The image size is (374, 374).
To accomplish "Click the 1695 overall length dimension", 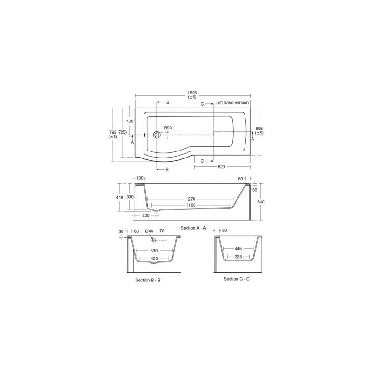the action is (192, 93).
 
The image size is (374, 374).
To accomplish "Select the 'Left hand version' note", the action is (232, 102).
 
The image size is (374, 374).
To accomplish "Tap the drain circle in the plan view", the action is (157, 135).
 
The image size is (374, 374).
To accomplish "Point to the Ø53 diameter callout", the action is (168, 128).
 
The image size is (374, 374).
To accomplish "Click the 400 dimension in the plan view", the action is (130, 121).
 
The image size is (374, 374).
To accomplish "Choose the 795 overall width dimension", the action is (113, 132).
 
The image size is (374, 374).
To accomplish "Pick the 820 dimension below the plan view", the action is (221, 167).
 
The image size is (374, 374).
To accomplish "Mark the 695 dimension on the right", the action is (259, 128).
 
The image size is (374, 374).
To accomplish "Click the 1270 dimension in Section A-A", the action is (191, 199).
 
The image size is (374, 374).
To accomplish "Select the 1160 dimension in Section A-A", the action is (191, 205).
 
